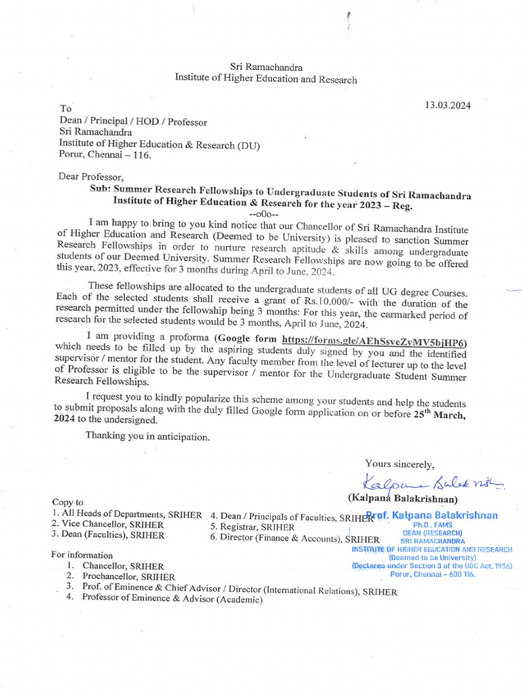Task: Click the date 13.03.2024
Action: click(448, 105)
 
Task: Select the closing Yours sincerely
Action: click(399, 464)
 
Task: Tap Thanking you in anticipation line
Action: click(147, 435)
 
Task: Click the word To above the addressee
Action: click(65, 109)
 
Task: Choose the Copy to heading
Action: click(68, 502)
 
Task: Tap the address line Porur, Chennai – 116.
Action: click(105, 154)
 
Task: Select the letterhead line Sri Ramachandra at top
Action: click(266, 67)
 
